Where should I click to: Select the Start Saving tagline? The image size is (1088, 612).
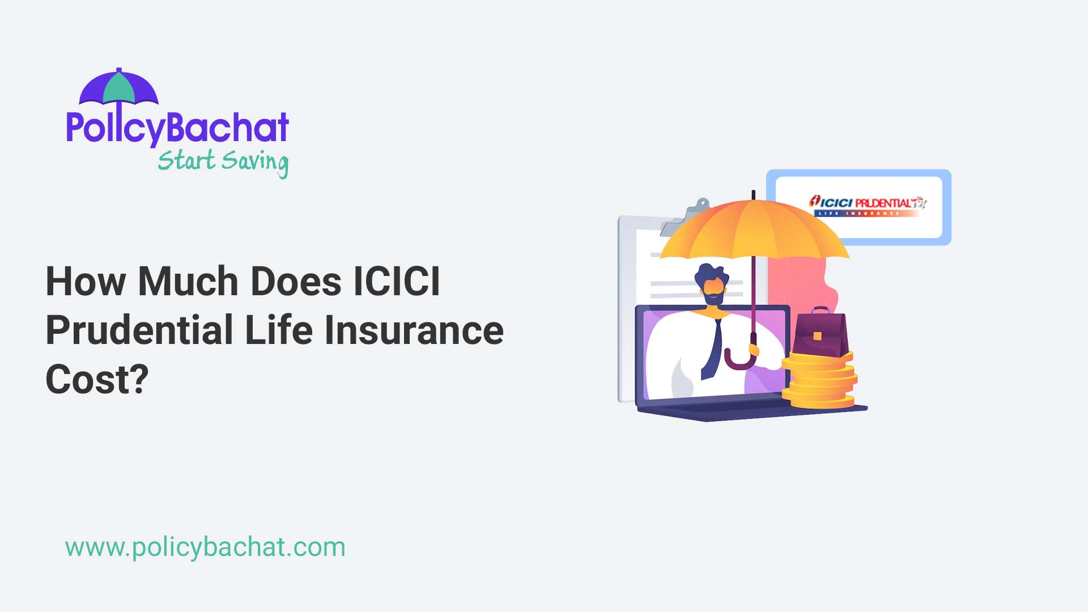click(223, 161)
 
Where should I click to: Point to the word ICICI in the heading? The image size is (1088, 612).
click(396, 282)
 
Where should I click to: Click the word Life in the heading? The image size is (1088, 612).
click(278, 330)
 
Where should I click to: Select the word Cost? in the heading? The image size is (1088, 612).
click(97, 380)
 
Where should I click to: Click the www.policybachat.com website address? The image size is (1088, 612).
click(205, 547)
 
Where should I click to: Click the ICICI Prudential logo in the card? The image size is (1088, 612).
click(867, 205)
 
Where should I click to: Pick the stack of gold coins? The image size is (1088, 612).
click(819, 381)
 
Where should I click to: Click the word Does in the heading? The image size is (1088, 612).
click(295, 282)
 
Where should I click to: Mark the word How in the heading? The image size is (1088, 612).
click(86, 282)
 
